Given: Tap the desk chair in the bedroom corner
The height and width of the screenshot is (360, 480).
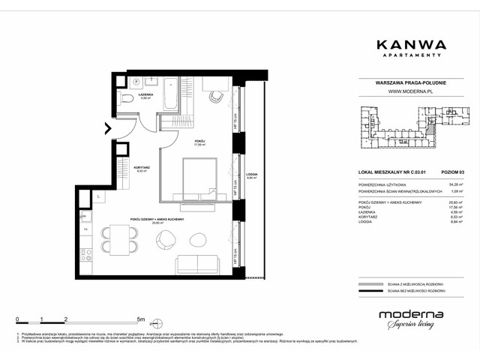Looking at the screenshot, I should (216, 97).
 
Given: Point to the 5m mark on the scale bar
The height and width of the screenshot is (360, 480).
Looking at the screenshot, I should (153, 319).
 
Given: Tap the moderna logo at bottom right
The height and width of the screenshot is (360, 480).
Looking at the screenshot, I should (410, 318).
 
